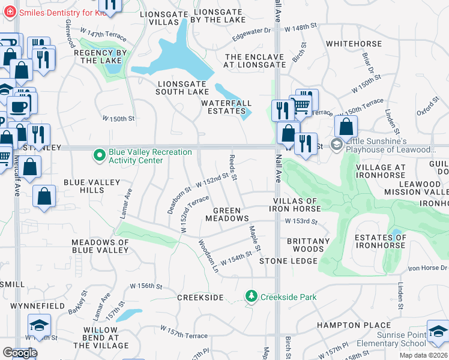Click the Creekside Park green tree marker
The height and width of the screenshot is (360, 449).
[x=251, y=296]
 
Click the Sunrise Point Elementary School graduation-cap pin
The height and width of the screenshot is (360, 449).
[x=437, y=332]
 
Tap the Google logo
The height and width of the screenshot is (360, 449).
[x=19, y=353]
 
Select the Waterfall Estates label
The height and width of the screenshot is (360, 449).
[x=226, y=107]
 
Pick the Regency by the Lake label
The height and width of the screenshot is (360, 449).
[x=100, y=56]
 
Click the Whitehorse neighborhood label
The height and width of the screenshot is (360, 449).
[x=354, y=44]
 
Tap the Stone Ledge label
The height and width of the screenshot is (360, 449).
[x=288, y=261]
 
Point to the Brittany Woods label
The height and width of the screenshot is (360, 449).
[x=308, y=245]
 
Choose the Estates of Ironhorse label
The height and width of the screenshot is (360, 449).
[x=381, y=242]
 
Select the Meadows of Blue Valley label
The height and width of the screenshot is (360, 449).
[x=100, y=247]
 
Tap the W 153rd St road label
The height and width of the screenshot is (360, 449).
[x=301, y=221]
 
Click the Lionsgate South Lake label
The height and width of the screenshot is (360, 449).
[x=182, y=88]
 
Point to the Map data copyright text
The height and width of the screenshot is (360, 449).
[x=424, y=355]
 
